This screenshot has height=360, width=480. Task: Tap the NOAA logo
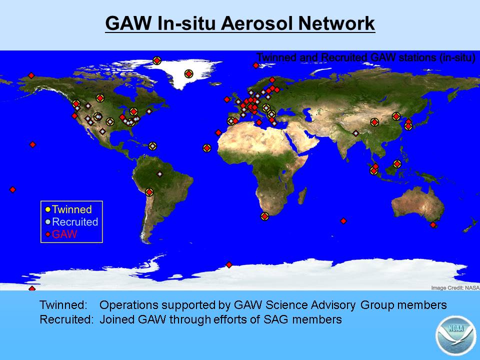(x=456, y=335)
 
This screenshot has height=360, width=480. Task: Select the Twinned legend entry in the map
(x=68, y=209)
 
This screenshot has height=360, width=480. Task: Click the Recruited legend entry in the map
(x=71, y=222)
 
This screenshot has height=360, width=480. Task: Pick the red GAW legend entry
(x=61, y=234)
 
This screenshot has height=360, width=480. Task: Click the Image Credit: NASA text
(x=455, y=288)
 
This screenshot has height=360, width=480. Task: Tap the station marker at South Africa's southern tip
(x=265, y=216)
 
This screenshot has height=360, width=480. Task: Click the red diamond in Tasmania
(x=433, y=225)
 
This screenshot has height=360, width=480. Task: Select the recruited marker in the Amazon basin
(x=159, y=174)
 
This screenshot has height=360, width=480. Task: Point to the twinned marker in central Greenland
(x=189, y=74)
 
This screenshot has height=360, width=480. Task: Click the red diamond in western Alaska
(x=31, y=75)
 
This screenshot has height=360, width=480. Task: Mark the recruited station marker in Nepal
(x=355, y=133)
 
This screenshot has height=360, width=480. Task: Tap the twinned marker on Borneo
(x=397, y=164)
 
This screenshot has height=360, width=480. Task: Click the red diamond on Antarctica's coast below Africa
(x=229, y=264)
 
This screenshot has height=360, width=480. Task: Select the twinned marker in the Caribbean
(x=152, y=146)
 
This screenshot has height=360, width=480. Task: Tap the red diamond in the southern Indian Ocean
(x=343, y=221)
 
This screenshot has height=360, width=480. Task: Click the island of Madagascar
(x=302, y=196)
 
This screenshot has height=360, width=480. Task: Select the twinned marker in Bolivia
(x=149, y=192)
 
